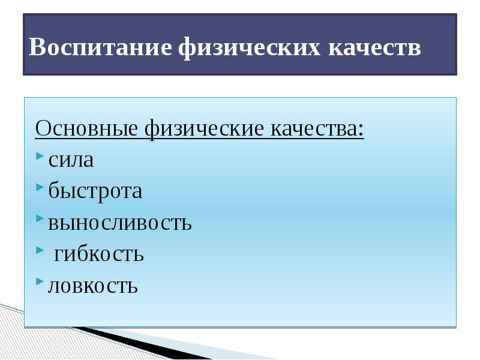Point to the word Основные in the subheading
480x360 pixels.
88,128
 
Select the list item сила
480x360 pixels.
71,160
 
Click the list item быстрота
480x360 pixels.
95,191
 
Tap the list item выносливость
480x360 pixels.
120,223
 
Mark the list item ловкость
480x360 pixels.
93,286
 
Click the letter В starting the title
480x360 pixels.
37,47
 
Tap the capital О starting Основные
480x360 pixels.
43,128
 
